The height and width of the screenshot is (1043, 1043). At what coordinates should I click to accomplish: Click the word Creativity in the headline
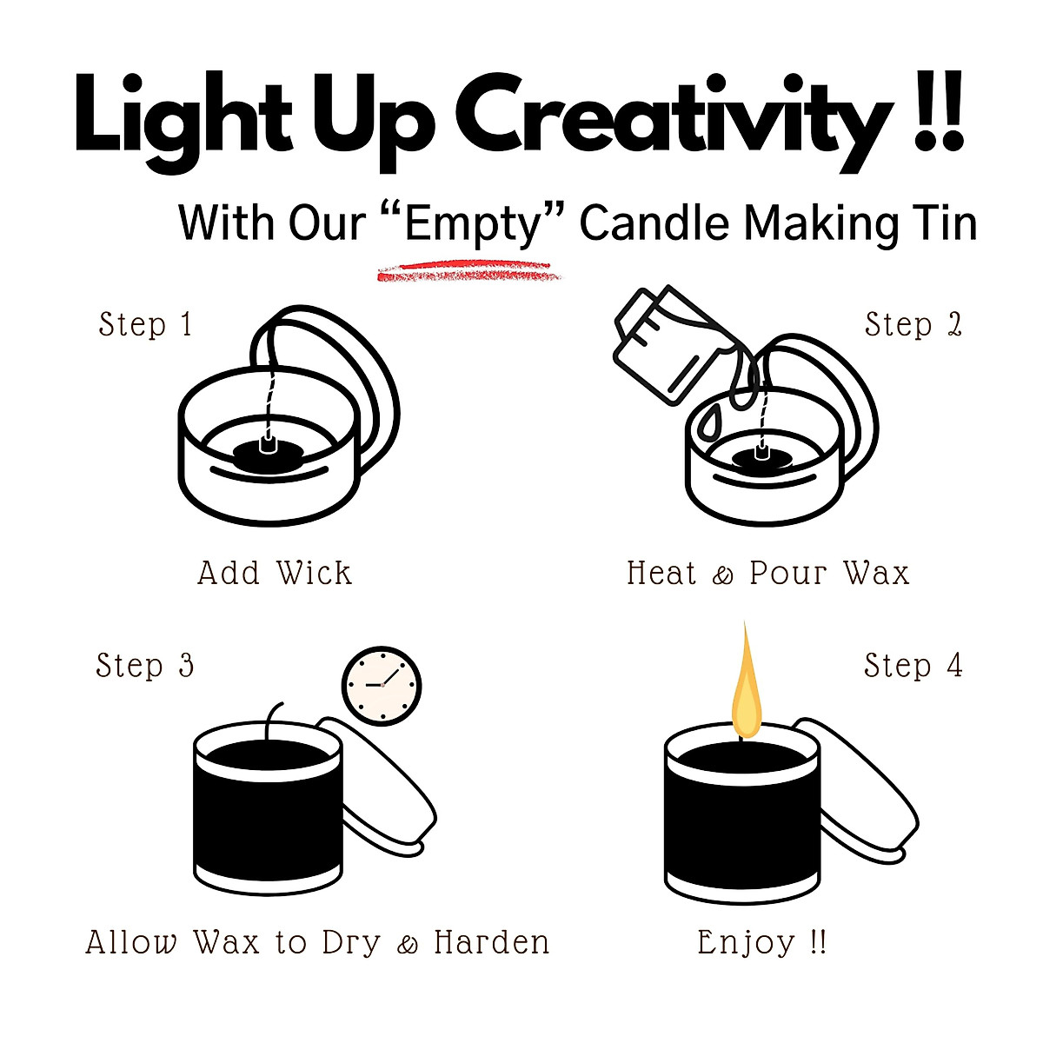click(x=674, y=118)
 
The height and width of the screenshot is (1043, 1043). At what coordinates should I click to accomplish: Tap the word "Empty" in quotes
click(x=475, y=223)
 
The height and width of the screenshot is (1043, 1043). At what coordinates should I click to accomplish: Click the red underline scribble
click(x=469, y=271)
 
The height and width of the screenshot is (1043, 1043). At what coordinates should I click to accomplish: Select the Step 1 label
click(x=145, y=324)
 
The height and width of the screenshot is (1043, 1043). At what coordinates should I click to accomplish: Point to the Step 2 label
click(x=913, y=324)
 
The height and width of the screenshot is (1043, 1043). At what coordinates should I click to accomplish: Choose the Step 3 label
click(x=144, y=666)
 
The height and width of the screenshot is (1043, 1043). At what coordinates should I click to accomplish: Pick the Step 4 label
click(x=913, y=666)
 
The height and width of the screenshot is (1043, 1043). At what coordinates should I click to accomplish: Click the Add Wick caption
click(x=275, y=573)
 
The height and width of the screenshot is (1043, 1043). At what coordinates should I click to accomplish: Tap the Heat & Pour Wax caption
click(x=767, y=573)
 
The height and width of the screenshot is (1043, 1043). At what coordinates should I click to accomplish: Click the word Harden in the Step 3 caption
click(x=492, y=942)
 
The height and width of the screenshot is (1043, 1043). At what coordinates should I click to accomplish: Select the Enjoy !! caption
click(x=761, y=942)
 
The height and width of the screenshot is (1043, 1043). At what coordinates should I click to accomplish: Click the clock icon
click(x=382, y=685)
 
